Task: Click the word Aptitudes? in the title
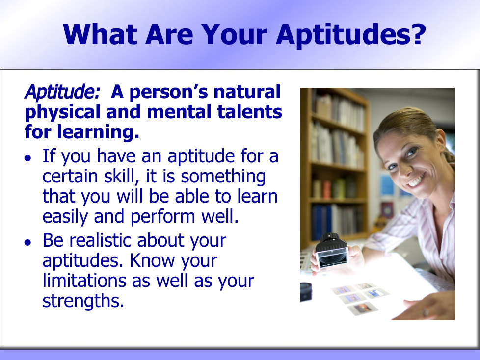pos(351,34)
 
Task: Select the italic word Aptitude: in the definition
pos(62,92)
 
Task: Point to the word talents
pos(249,112)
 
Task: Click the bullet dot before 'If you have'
pos(28,158)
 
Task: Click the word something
pos(223,177)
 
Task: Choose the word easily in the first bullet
pos(65,217)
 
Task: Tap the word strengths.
pos(83,301)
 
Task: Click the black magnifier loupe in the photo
pos(331,252)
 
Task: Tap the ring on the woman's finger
pos(426,312)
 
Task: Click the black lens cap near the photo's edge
pos(306,292)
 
